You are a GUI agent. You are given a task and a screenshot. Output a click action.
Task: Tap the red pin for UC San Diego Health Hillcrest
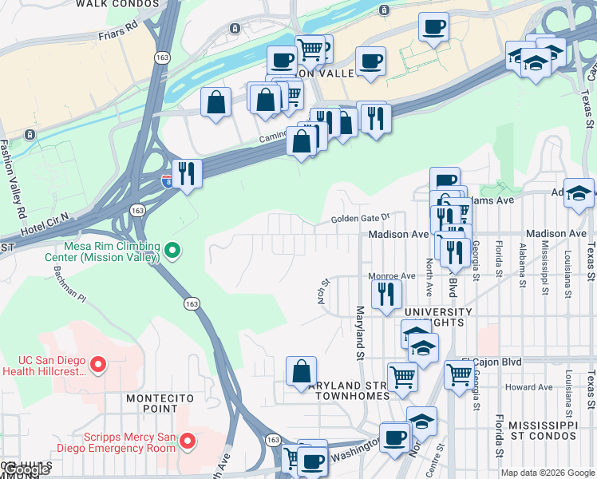pyautogui.click(x=98, y=364)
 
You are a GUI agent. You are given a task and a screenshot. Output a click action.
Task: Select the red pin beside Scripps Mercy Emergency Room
pyautogui.click(x=188, y=440)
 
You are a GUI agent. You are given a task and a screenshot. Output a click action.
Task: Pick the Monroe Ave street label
pyautogui.click(x=392, y=276)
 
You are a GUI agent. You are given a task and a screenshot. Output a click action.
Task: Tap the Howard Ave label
pyautogui.click(x=528, y=387)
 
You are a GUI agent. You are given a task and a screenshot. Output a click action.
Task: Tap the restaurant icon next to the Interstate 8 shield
pyautogui.click(x=187, y=173)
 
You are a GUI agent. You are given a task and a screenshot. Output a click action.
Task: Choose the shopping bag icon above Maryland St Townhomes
pyautogui.click(x=301, y=371)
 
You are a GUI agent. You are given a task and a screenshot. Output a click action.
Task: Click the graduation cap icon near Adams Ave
pyautogui.click(x=579, y=193)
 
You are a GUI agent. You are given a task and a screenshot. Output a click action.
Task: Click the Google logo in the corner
pyautogui.click(x=26, y=470)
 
